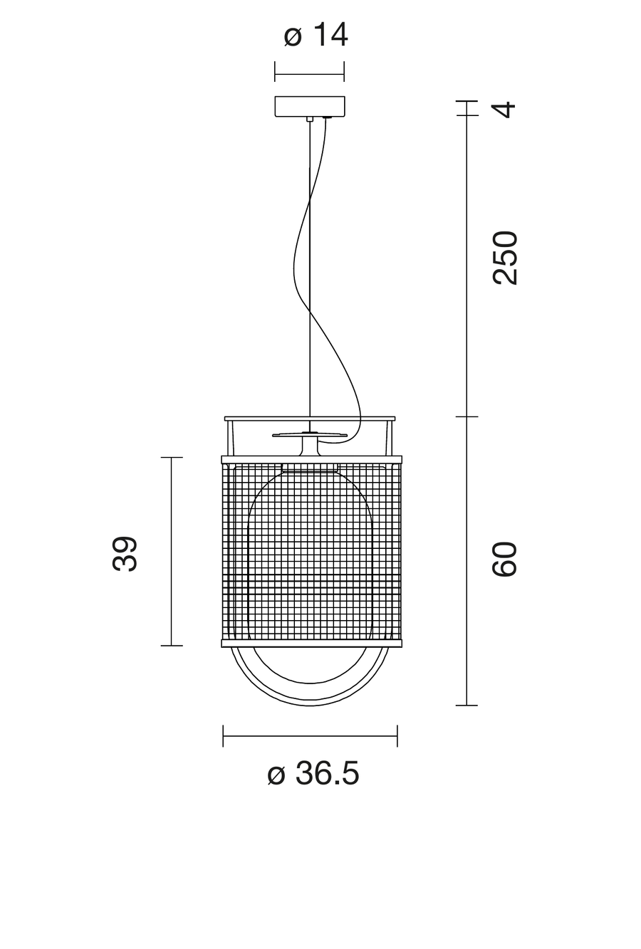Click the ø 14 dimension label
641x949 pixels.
[x=316, y=35]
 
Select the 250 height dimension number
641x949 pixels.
[x=505, y=258]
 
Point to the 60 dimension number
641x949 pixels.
[x=505, y=559]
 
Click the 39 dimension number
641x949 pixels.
[x=125, y=554]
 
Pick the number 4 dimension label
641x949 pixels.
[x=505, y=110]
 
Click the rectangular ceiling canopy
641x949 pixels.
[x=310, y=107]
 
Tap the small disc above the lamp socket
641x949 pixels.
[x=310, y=435]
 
